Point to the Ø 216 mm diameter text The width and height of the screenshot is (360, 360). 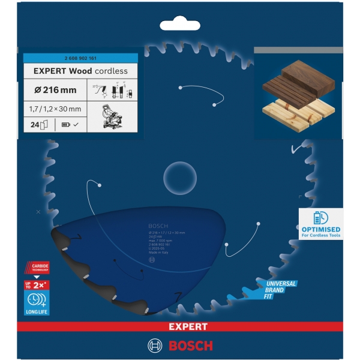52,89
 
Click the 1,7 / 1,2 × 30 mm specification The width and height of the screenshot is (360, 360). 56,109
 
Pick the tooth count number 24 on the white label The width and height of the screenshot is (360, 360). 34,125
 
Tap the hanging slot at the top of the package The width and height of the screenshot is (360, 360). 181,26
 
